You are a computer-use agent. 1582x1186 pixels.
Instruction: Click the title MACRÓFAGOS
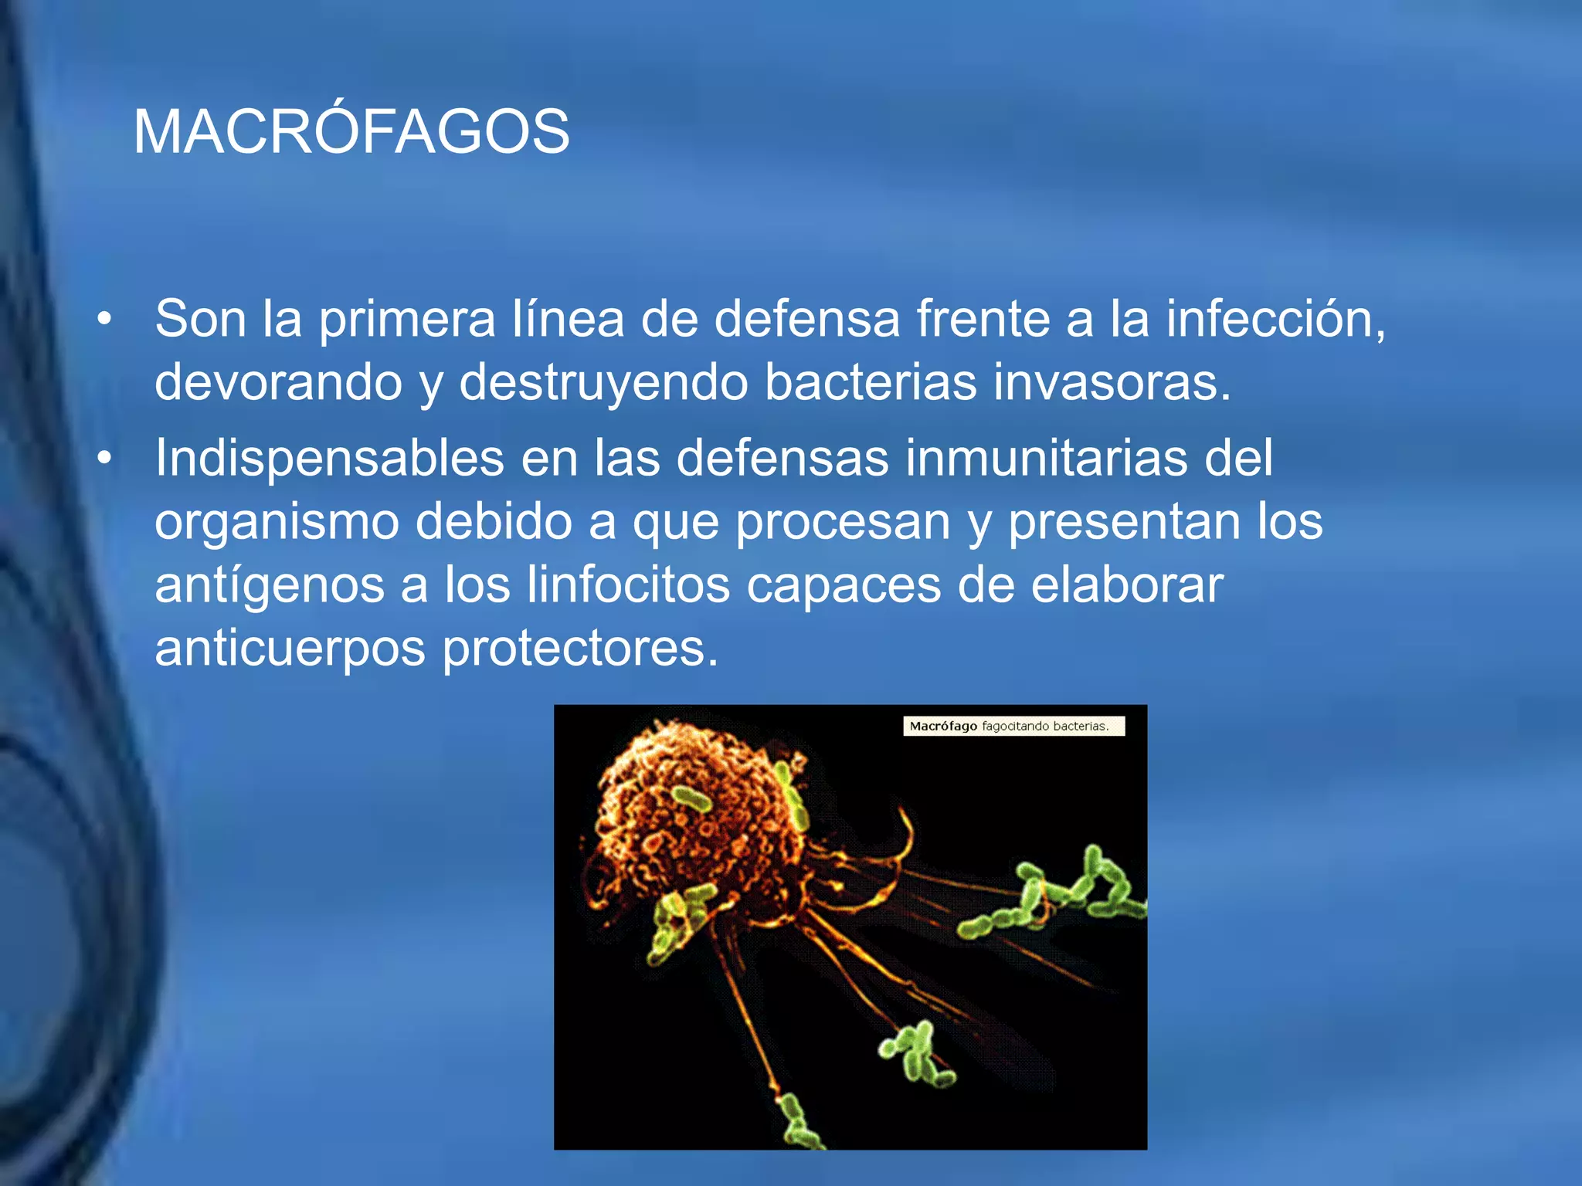[351, 132]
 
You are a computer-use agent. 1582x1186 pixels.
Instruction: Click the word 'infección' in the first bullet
[1275, 318]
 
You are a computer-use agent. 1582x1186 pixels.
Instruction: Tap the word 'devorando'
[278, 381]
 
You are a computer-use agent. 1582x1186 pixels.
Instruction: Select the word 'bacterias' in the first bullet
[870, 381]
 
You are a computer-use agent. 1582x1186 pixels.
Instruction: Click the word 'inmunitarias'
[1046, 458]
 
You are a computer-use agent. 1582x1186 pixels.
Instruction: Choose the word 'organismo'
[277, 523]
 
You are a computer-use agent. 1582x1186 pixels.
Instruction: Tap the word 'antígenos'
[270, 585]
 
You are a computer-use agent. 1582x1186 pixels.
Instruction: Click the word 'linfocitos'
[628, 585]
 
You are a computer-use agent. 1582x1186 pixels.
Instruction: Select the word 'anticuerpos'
[290, 649]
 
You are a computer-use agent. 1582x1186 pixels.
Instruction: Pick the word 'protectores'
[579, 649]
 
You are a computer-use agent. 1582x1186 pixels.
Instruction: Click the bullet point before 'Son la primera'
[104, 318]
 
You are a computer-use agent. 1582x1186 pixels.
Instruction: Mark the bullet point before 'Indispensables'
[104, 459]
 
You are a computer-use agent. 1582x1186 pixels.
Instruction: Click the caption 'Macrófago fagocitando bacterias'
[1013, 726]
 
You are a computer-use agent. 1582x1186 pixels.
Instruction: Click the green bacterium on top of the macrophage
[691, 801]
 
